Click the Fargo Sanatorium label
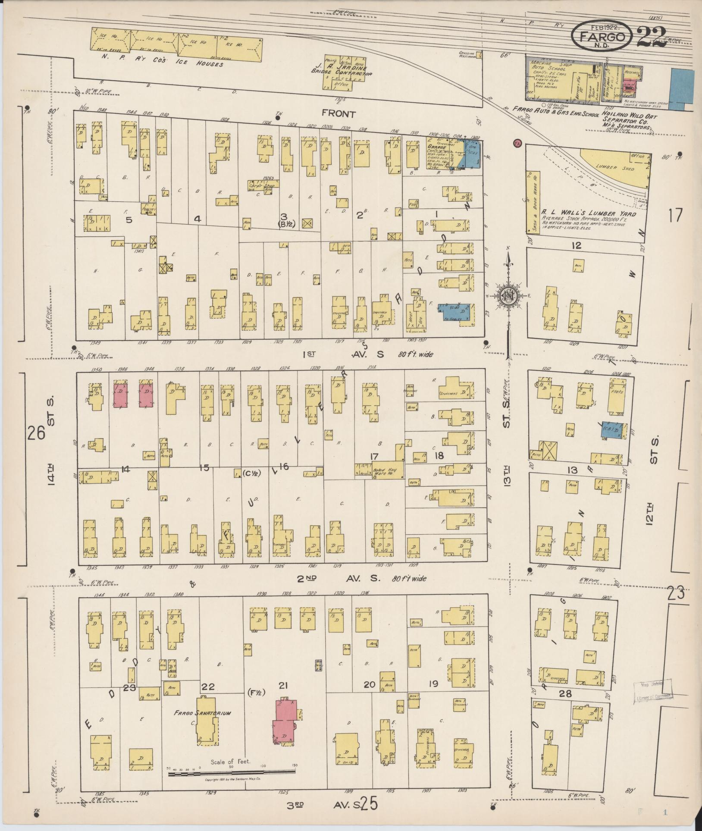tap(202, 713)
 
